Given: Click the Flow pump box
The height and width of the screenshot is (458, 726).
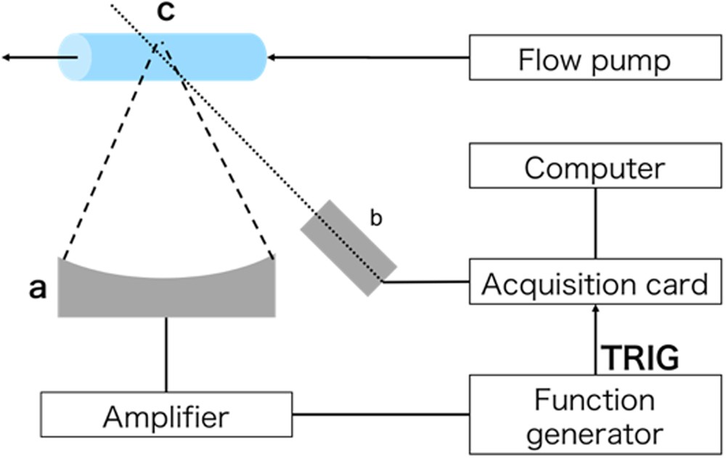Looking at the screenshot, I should [595, 58].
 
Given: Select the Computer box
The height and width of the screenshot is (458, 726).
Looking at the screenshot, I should [595, 168].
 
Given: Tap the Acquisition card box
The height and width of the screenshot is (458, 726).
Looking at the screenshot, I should [595, 283].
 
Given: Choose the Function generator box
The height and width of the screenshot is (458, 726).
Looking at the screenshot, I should [595, 416].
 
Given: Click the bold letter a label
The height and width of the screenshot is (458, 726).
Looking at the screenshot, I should [37, 288].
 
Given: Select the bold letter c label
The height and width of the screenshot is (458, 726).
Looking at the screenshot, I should [166, 14].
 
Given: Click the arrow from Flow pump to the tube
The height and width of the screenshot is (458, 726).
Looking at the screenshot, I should [363, 57].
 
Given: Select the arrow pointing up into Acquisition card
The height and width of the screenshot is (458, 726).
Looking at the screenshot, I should [595, 319].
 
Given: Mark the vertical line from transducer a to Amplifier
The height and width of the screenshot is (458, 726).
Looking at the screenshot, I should [166, 354].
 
